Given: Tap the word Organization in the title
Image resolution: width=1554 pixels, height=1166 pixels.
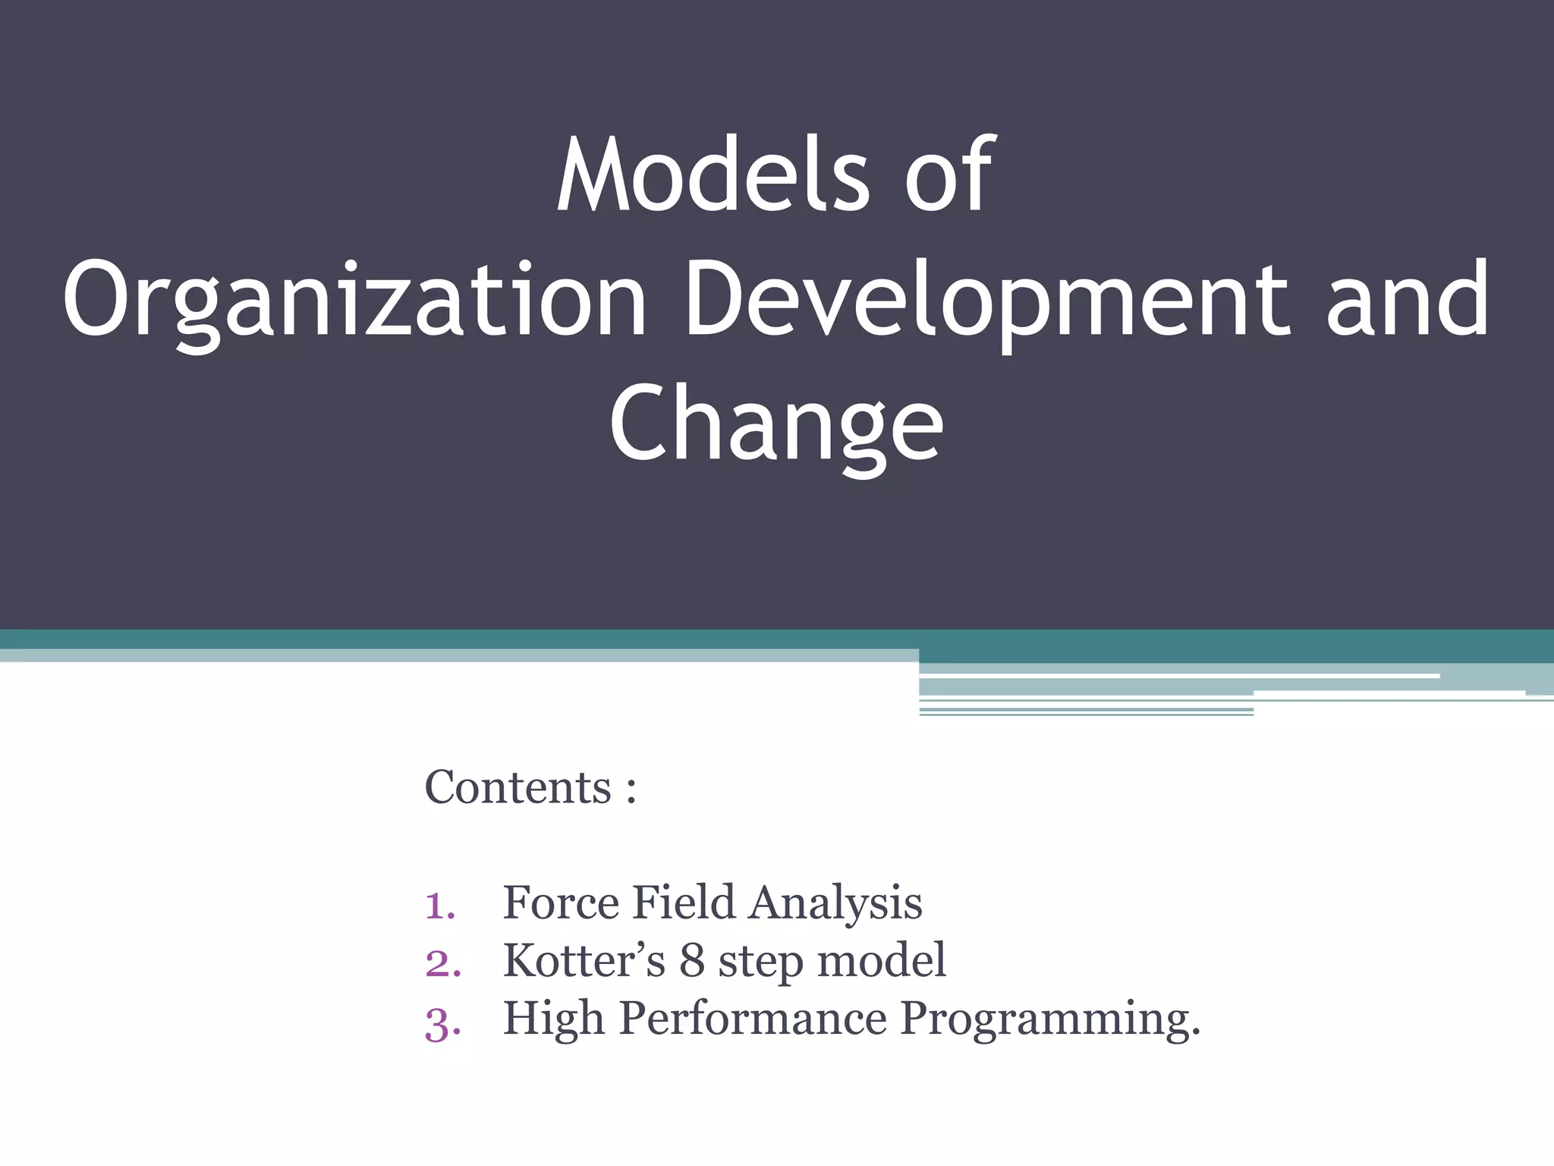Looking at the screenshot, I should (354, 299).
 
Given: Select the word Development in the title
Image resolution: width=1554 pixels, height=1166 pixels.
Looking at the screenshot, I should (986, 299).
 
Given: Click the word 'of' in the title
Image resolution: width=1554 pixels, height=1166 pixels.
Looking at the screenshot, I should (948, 175).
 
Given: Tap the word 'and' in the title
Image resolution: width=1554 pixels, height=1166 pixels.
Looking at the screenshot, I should (1408, 299).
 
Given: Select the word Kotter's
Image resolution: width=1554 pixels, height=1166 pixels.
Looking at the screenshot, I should (584, 960).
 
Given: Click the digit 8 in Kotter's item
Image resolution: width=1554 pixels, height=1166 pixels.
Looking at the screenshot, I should (691, 961).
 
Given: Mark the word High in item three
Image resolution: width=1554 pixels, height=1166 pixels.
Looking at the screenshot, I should (553, 1019).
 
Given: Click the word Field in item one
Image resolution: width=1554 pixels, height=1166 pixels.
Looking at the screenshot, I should (683, 903).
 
